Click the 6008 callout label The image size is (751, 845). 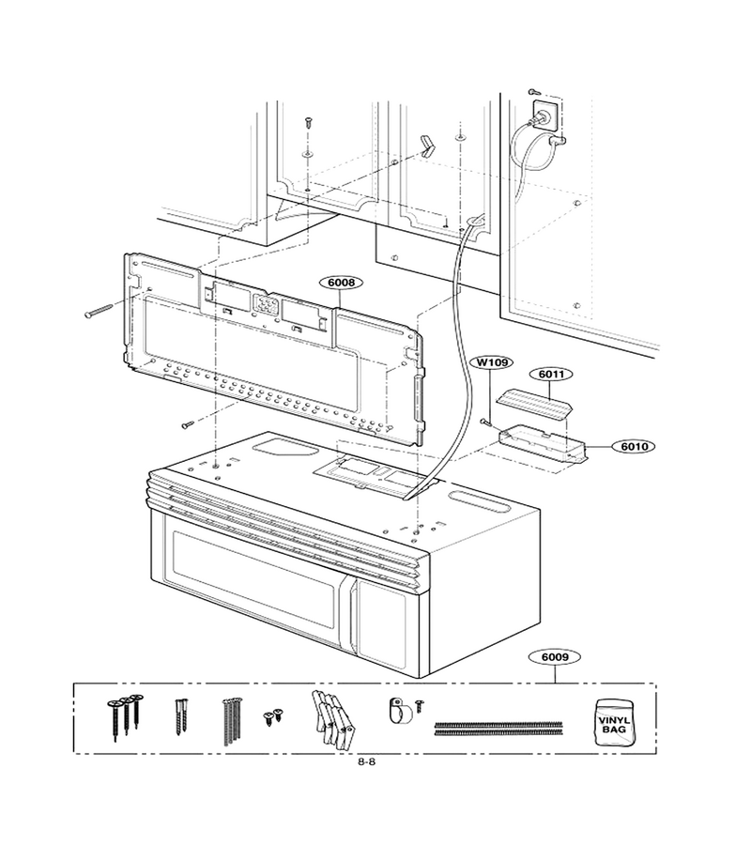(341, 283)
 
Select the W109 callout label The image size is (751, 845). (492, 362)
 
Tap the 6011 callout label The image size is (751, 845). (552, 374)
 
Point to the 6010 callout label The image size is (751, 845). (634, 446)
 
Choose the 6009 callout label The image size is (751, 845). (555, 657)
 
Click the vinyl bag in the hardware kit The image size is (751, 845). (613, 722)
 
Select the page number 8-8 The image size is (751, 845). (366, 762)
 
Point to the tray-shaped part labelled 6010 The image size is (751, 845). (542, 445)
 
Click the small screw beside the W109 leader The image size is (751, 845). (486, 422)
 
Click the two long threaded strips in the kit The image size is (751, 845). (498, 728)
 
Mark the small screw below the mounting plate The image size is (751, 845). (189, 424)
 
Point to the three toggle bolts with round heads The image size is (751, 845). (125, 716)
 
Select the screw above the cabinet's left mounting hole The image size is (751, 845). (308, 121)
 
